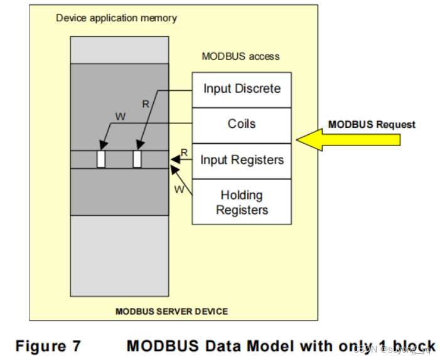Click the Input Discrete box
(x=242, y=89)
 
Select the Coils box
(x=242, y=124)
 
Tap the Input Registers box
(x=242, y=160)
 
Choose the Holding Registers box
(x=242, y=202)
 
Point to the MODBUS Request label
(x=372, y=124)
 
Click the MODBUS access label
(x=240, y=56)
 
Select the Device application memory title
(x=116, y=18)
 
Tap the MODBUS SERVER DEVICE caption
(x=171, y=311)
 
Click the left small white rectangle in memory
(x=101, y=159)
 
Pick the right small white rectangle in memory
(x=137, y=159)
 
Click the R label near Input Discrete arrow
(x=146, y=104)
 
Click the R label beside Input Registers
(x=184, y=152)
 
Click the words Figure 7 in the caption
(x=48, y=346)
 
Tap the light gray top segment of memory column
(x=119, y=50)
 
